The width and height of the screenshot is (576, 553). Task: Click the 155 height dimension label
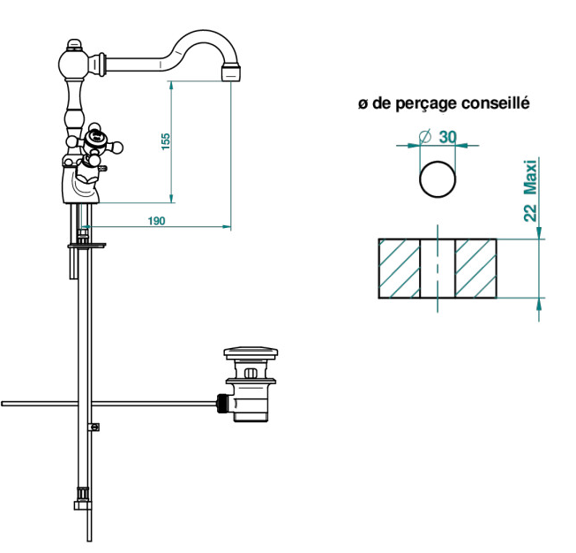166,141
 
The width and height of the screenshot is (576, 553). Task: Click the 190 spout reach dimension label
156,221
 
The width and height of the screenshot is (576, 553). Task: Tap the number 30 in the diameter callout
447,137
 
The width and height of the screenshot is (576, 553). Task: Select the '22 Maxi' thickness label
530,190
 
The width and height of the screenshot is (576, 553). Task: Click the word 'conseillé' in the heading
496,102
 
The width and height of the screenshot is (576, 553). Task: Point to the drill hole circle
438,179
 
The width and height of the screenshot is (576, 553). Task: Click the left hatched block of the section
400,269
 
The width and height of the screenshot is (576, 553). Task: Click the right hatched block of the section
475,269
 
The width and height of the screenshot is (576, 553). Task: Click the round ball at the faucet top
73,64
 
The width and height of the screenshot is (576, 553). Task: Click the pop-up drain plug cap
251,352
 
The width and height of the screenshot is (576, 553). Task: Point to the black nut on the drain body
221,404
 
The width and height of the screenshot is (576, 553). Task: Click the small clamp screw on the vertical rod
94,428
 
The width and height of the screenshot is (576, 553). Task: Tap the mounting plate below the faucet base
86,246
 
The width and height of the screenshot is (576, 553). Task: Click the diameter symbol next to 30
425,137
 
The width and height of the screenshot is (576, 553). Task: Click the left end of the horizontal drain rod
2,404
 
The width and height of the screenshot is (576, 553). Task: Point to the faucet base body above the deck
81,184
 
